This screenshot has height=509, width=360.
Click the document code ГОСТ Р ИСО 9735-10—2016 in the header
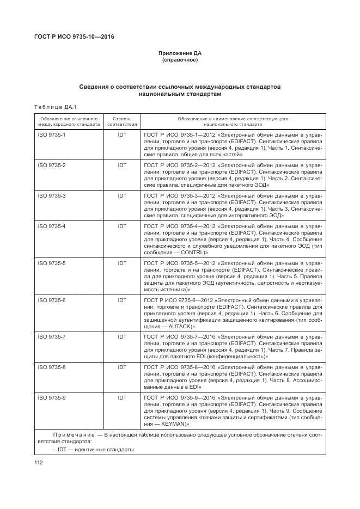74,37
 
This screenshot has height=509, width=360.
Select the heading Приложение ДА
180,53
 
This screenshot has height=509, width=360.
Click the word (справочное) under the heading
180,60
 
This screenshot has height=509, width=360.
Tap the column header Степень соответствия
122,121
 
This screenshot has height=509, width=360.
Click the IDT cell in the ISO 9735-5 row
122,263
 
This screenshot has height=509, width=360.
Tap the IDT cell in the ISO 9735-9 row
122,398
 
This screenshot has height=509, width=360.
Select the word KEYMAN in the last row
172,424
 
